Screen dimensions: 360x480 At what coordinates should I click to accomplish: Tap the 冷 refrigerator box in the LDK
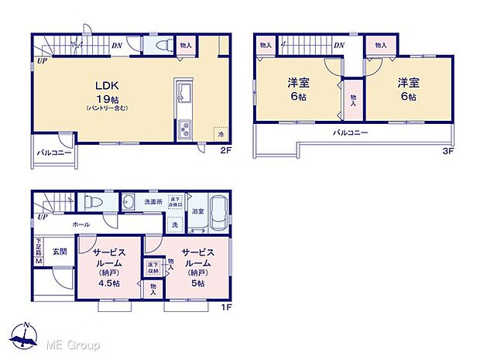221,133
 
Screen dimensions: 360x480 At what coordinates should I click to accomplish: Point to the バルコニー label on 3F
351,133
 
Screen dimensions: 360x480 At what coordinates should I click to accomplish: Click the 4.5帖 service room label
109,268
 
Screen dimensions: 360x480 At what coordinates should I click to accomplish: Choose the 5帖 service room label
199,268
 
